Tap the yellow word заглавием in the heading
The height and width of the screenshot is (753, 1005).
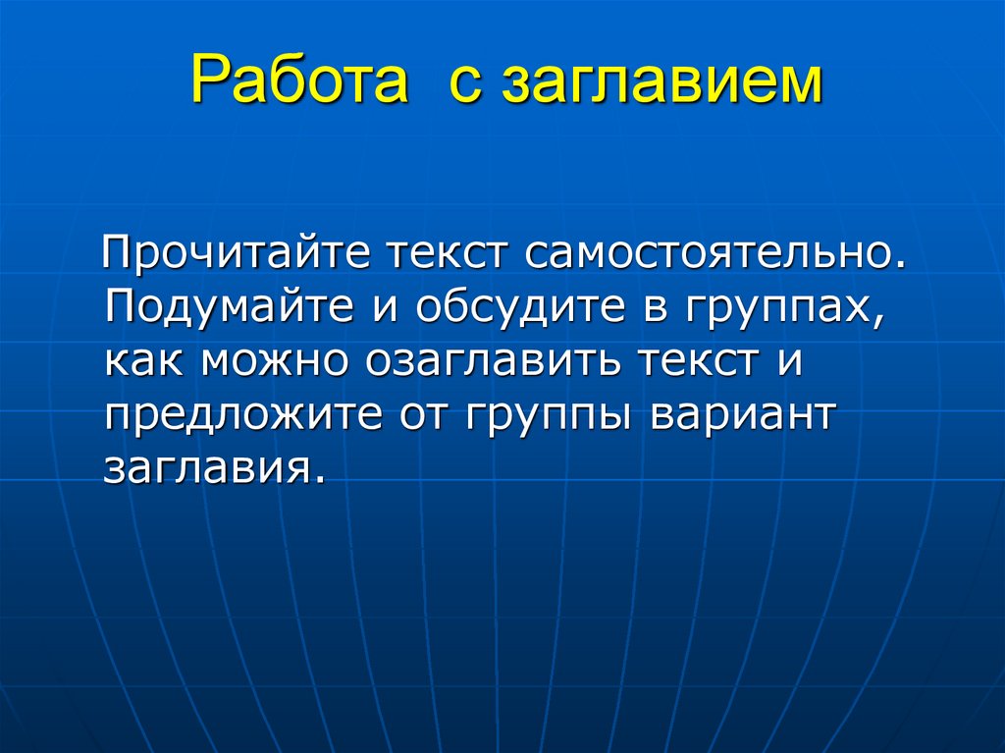tap(661, 82)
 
